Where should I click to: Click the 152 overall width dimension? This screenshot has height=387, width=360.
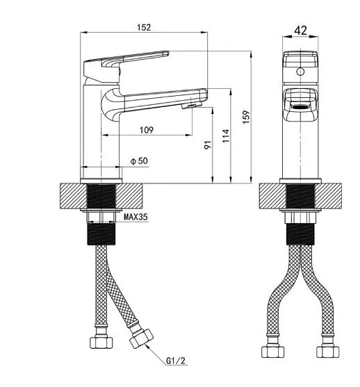click(144, 27)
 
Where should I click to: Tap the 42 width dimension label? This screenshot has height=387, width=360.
click(300, 31)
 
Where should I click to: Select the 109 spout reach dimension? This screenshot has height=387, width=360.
click(147, 130)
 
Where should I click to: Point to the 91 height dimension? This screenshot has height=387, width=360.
click(208, 145)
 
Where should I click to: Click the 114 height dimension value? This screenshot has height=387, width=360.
click(226, 135)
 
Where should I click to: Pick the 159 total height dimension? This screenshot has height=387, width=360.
click(246, 117)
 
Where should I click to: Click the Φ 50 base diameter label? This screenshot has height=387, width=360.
click(139, 161)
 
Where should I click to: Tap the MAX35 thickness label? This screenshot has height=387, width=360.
click(136, 217)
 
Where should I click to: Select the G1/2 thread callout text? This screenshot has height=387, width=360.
click(176, 361)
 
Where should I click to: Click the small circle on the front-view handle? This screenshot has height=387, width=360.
click(300, 72)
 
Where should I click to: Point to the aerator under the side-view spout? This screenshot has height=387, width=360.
click(192, 106)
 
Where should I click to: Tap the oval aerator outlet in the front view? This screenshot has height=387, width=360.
click(300, 107)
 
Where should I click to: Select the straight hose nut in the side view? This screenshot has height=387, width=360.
click(101, 342)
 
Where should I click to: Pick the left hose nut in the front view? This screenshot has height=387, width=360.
click(272, 351)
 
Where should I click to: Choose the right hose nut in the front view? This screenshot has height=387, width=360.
click(328, 351)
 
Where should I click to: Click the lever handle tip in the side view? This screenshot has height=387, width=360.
click(166, 53)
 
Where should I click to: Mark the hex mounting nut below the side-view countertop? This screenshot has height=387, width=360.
click(101, 217)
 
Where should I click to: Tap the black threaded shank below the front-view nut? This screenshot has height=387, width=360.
click(300, 234)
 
